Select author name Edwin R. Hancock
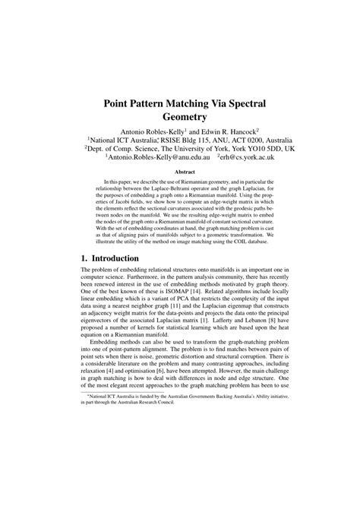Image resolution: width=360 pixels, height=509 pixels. [226, 131]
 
